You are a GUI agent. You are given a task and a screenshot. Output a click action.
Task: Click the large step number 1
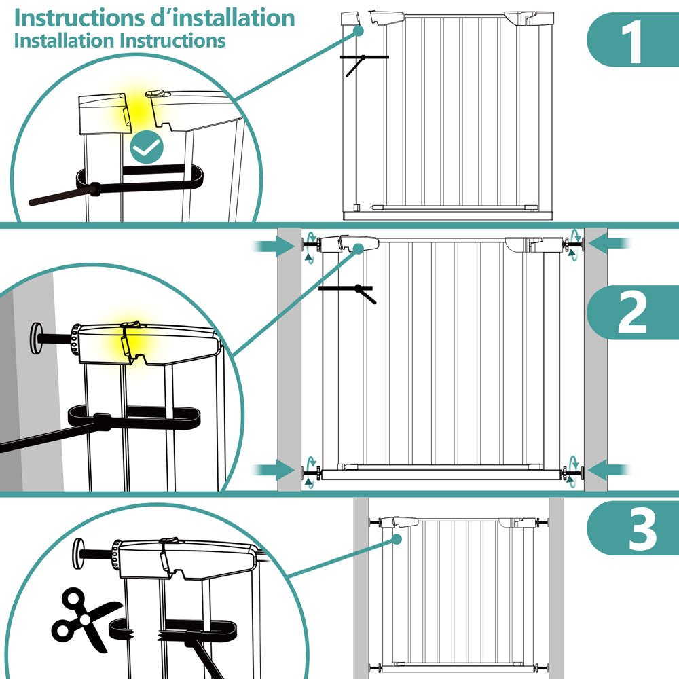pos(634,42)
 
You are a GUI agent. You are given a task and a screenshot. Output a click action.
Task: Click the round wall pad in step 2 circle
pos(36,336)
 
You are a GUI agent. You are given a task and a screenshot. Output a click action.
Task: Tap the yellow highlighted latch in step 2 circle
pos(129,337)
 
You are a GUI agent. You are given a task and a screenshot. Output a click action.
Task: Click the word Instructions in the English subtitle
pos(172,41)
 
